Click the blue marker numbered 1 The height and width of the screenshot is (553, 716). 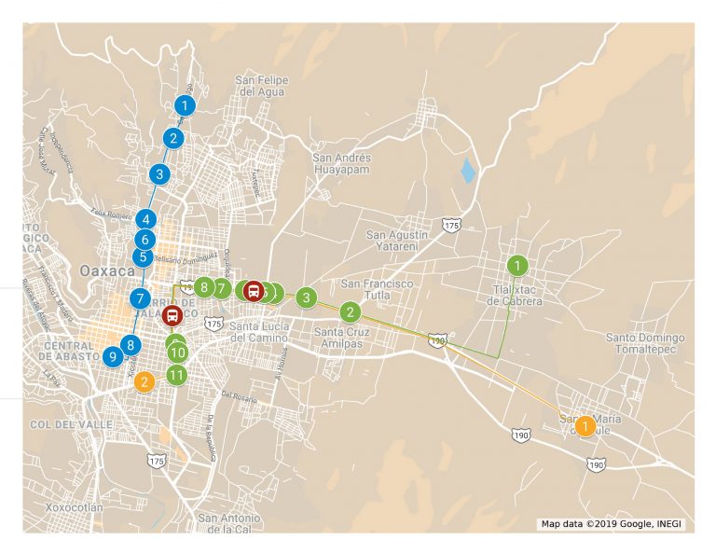pos(186,105)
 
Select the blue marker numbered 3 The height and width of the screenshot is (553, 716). pos(159,173)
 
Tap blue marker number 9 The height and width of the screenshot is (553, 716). pos(112,355)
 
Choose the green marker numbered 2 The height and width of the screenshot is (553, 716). pos(350,312)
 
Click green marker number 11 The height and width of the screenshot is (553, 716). pos(176,375)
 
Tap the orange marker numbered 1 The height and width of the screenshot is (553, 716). pos(585,426)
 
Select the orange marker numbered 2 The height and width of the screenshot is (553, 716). pos(144,381)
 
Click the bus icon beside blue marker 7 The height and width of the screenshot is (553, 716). pos(172,315)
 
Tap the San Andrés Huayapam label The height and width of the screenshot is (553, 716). pos(341,164)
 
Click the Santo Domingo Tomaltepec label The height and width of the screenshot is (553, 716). pos(645,343)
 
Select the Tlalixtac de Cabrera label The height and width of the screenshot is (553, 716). pos(515,295)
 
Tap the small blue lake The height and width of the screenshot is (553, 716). pos(467,171)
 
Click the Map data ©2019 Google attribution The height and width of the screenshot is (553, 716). pos(612,524)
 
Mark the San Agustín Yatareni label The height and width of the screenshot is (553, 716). pos(396,241)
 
